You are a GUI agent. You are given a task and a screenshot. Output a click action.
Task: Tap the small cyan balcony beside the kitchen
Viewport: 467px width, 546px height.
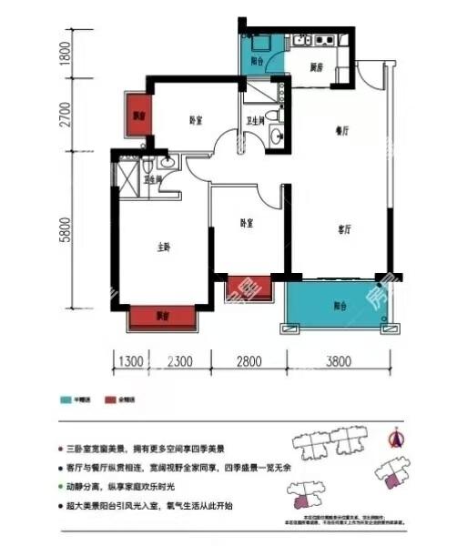[258, 54]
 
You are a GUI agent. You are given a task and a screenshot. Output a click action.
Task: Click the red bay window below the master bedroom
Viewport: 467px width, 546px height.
[164, 317]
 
